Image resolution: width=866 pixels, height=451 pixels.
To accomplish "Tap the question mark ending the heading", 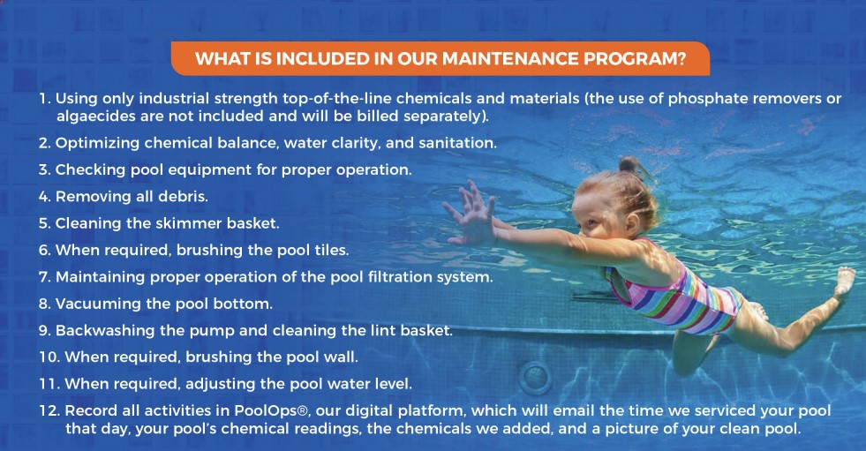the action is (x=681, y=58).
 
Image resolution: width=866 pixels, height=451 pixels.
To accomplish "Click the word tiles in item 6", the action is (x=331, y=250).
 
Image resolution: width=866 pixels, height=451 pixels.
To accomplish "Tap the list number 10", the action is (x=49, y=357).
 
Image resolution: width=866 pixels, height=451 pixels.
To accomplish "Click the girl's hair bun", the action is (x=628, y=164).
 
